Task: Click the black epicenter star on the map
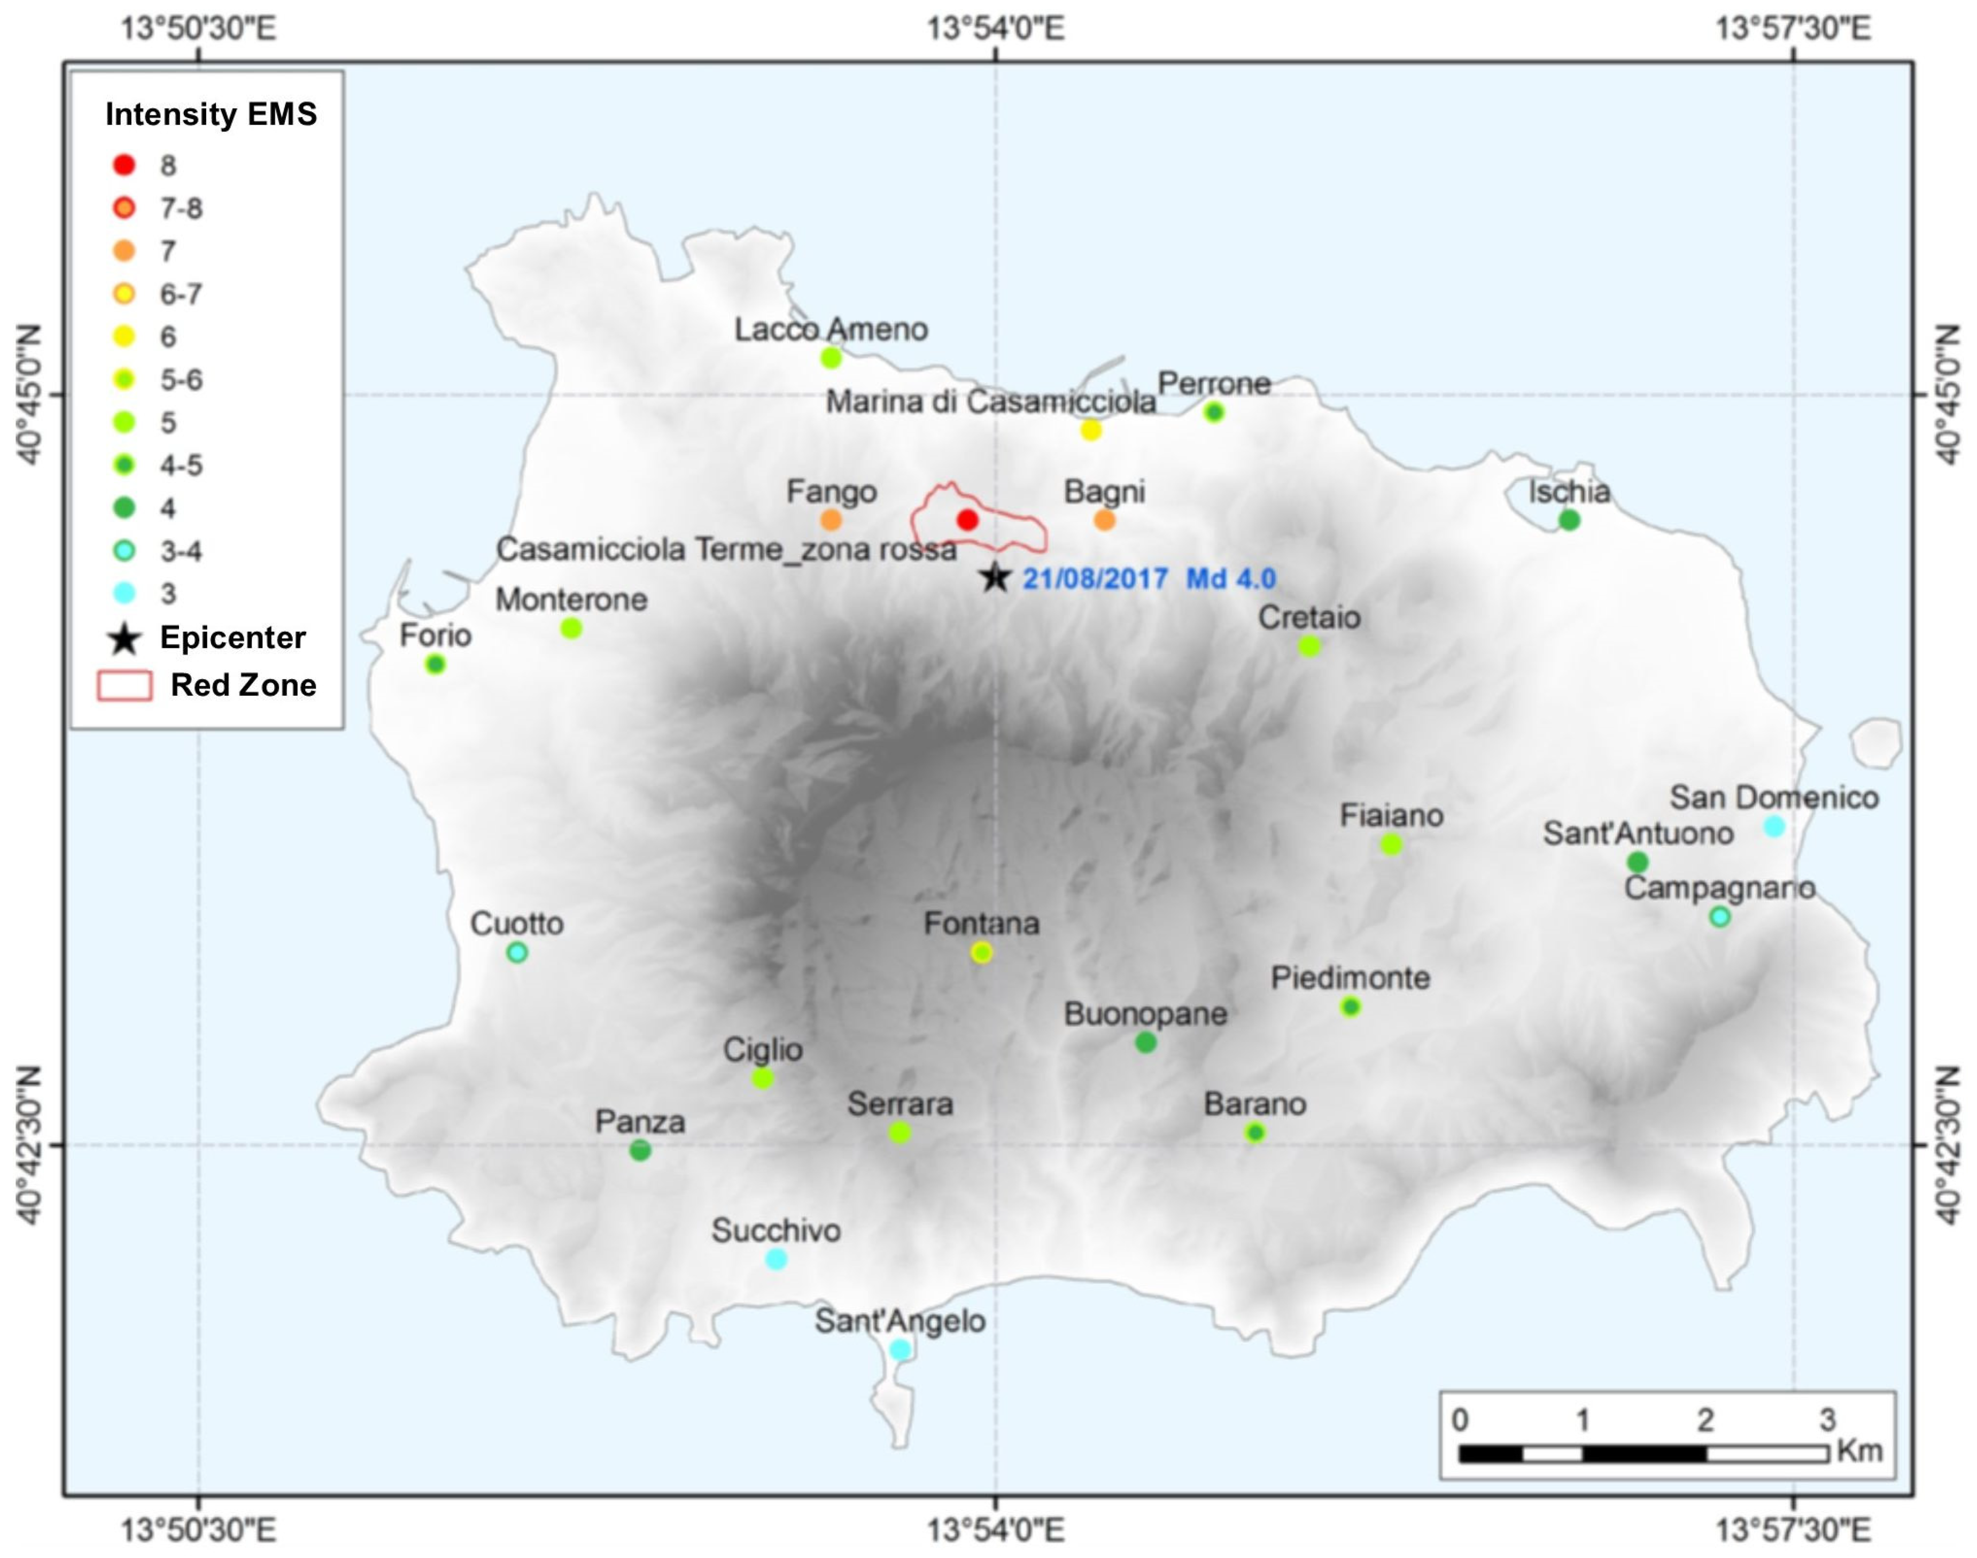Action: coord(995,577)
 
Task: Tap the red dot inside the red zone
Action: coord(967,520)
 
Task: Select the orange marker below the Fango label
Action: coord(831,520)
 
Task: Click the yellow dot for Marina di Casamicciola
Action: coord(1091,430)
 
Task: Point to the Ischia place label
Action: coord(1569,492)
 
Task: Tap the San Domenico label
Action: coord(1774,797)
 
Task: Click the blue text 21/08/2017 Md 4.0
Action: coord(1149,578)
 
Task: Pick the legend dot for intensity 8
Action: coord(124,165)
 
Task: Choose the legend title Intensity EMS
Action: coord(211,114)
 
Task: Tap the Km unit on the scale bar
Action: coord(1859,1451)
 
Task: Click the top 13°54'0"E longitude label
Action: coord(995,29)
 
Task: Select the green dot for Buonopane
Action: coord(1145,1042)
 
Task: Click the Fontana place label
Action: coord(981,923)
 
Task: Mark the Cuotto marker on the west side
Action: coord(517,952)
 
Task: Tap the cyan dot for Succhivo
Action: coord(775,1259)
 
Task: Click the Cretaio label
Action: coord(1308,617)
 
